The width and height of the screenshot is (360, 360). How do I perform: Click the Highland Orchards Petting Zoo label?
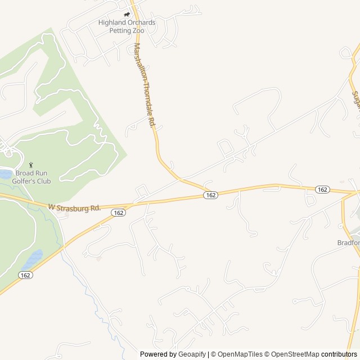[127, 26]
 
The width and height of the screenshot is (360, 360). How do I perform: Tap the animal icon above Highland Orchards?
[127, 15]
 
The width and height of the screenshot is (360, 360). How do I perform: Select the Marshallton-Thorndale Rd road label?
[144, 84]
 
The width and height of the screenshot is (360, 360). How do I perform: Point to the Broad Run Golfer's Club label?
[33, 177]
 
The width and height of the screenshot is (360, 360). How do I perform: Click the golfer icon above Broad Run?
[31, 165]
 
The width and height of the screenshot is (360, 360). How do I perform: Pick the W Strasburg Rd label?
[74, 208]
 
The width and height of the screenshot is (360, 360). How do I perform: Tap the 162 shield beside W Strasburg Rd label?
[118, 213]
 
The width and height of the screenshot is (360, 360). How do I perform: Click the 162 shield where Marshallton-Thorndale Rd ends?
[210, 195]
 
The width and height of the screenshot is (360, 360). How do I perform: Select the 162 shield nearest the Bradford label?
[322, 190]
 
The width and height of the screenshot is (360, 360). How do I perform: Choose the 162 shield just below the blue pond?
[25, 274]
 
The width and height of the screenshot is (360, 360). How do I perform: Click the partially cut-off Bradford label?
[348, 243]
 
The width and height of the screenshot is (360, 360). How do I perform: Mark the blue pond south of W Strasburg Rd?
[32, 260]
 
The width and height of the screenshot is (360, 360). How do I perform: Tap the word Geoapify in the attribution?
[192, 354]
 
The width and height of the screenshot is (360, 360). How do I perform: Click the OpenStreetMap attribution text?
[294, 354]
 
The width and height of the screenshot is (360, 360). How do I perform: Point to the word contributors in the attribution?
[339, 354]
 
